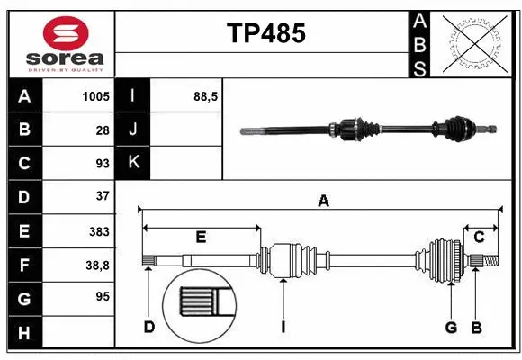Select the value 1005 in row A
(x=95, y=96)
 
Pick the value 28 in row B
(x=102, y=130)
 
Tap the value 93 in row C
(x=102, y=163)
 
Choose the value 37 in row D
(x=102, y=195)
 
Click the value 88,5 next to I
(x=206, y=96)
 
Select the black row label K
(x=133, y=163)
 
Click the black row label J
(x=133, y=130)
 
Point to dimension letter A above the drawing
(x=323, y=202)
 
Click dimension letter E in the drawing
(x=201, y=238)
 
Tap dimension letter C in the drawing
(x=480, y=237)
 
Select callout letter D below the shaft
(x=149, y=327)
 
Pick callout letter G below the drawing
(x=451, y=327)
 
